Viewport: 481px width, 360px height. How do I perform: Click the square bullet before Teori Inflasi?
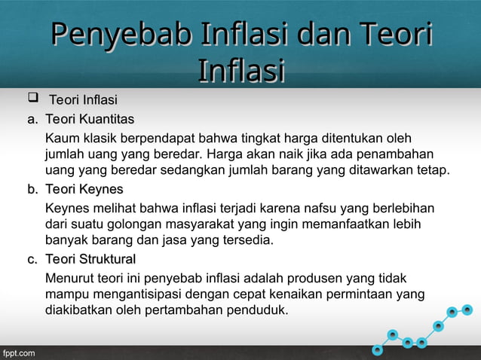pos(32,99)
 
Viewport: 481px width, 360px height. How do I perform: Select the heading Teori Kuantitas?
pos(90,119)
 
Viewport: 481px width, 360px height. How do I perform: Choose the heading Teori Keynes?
pos(84,188)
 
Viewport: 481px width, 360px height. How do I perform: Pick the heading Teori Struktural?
pos(90,259)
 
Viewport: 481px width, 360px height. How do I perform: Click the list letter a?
pos(32,119)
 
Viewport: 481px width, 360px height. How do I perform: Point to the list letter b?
pos(32,188)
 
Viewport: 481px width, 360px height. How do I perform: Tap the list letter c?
pos(32,259)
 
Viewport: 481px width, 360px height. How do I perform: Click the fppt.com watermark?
pos(18,352)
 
